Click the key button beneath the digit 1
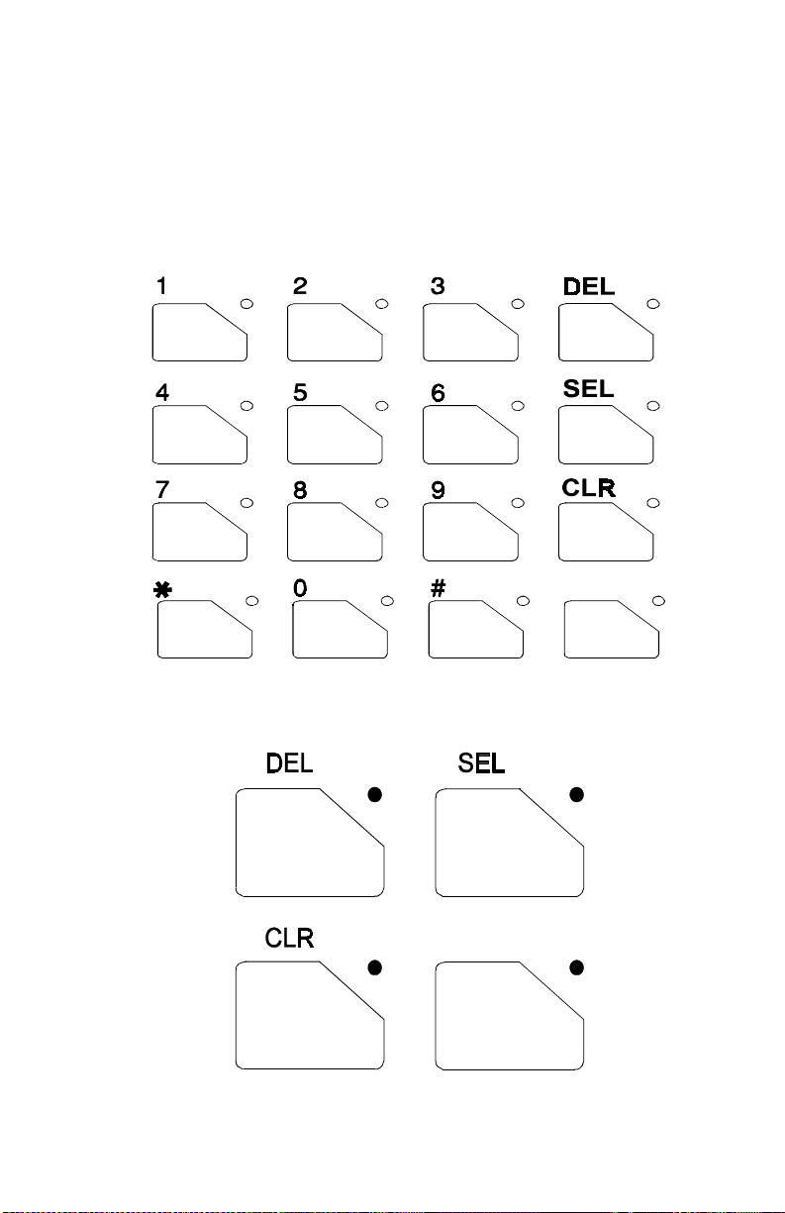coord(199,333)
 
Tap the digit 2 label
coord(299,286)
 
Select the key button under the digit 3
coord(469,333)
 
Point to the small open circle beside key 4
coord(247,406)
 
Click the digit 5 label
coord(299,392)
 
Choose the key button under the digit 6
coord(469,435)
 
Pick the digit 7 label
coord(161,489)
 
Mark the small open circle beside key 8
coord(383,503)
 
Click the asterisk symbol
coord(162,587)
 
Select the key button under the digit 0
coord(340,629)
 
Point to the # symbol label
coord(438,586)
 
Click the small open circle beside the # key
coord(524,600)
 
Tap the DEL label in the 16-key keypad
coord(588,287)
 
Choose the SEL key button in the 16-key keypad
coord(605,435)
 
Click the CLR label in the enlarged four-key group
coord(289,938)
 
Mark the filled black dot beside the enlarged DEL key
coord(375,794)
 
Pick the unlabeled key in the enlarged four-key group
coord(509,1016)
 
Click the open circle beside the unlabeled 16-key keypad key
coord(659,600)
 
